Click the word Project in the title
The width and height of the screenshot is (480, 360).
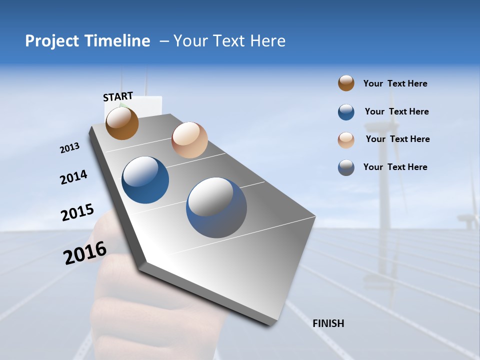52,41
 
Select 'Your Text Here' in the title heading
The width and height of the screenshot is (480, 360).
229,41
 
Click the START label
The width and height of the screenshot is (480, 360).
118,96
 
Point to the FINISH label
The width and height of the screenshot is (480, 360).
328,323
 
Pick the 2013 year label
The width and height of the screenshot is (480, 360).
69,148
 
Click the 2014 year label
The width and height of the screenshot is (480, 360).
73,177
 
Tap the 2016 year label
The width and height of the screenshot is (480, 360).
85,253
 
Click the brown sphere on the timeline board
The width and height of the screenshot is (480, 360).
122,123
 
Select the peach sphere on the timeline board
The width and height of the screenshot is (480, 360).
189,140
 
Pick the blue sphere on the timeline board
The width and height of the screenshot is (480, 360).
145,180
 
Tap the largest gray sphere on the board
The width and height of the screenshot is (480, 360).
216,207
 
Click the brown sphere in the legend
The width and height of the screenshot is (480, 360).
346,83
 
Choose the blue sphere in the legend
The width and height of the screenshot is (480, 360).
346,112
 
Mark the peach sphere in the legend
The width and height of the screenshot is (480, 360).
346,139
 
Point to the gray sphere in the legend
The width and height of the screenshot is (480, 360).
346,167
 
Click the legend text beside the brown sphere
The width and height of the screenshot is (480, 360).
395,83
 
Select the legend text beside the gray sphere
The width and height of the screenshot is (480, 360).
395,167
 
